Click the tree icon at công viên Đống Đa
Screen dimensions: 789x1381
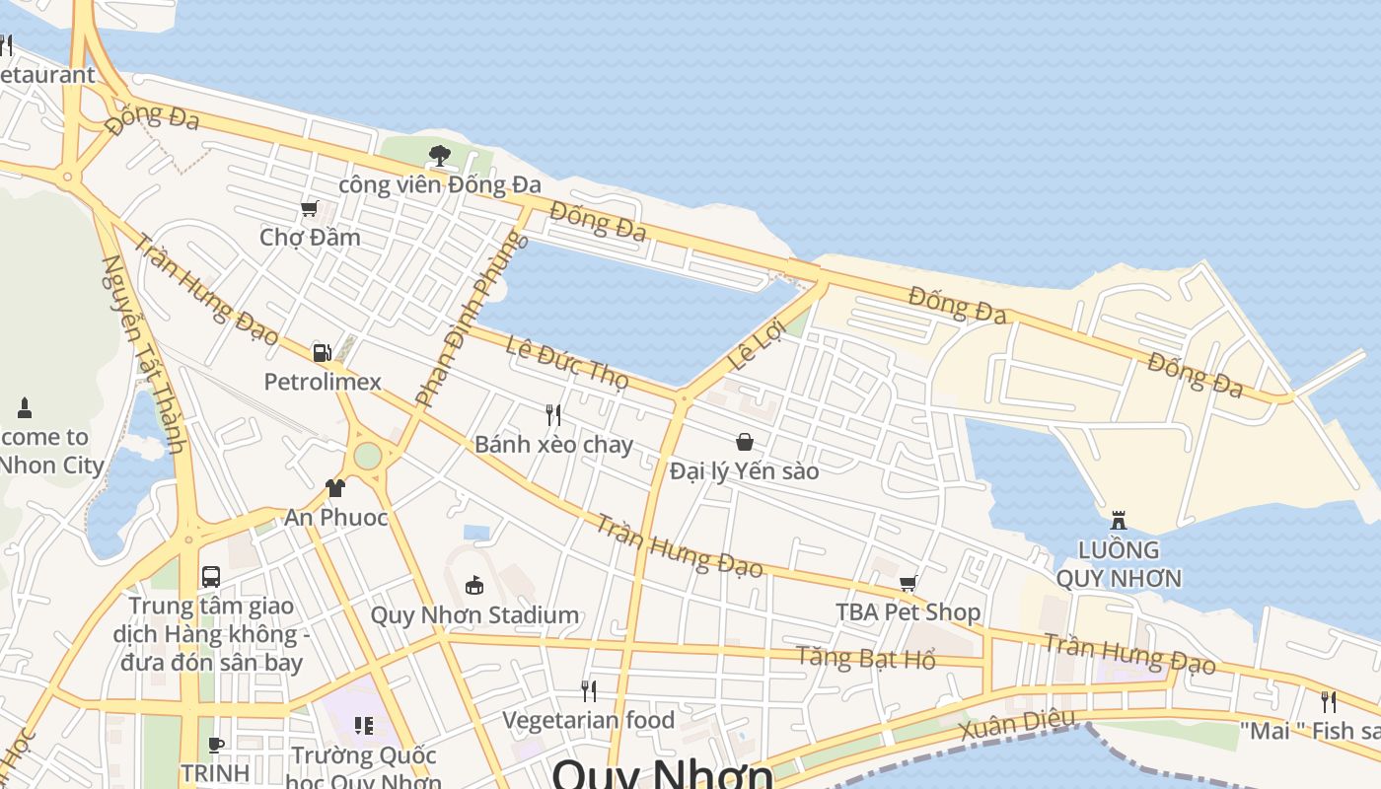[x=440, y=155]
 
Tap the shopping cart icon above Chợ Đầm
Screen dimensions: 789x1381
[x=310, y=208]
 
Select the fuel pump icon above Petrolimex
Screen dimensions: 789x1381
[x=322, y=352]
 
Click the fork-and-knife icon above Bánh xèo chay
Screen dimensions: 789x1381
[x=553, y=415]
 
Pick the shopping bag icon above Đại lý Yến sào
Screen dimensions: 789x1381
[x=745, y=442]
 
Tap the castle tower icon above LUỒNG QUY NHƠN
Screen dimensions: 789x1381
[x=1119, y=520]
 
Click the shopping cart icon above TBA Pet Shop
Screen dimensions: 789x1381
[x=909, y=583]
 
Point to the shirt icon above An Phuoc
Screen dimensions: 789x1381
[x=335, y=488]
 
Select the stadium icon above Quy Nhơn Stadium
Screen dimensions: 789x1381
[x=474, y=585]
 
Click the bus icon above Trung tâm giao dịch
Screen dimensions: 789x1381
[x=211, y=576]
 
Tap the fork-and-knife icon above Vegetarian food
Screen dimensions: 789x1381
[x=589, y=690]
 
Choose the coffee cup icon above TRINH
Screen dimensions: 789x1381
[x=216, y=745]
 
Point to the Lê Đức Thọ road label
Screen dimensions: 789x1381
[x=566, y=362]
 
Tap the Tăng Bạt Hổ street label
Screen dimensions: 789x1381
[x=866, y=658]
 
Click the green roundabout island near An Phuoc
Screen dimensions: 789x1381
[x=367, y=456]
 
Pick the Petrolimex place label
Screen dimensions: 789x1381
[x=323, y=382]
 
